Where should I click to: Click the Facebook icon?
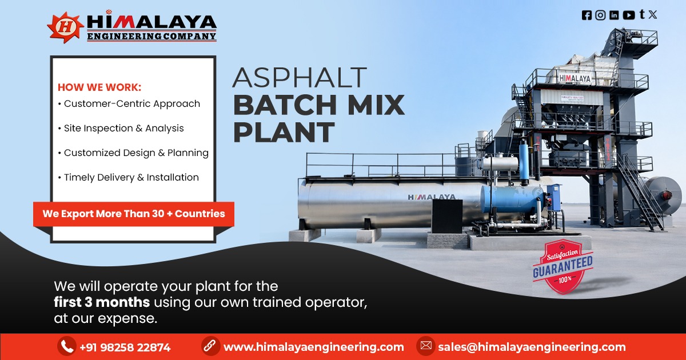(587, 15)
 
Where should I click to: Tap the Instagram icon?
(600, 15)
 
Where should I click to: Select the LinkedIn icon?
(614, 15)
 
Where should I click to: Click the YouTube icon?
(629, 15)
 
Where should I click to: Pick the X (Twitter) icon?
(653, 15)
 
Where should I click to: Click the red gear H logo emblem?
(65, 27)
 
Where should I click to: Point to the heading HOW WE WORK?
(99, 87)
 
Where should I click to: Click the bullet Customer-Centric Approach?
(131, 104)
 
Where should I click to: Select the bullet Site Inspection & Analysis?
(123, 128)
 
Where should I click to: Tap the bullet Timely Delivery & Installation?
(131, 177)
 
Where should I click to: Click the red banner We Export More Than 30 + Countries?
(134, 214)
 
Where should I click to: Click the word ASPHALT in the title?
(300, 78)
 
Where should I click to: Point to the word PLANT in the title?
(284, 132)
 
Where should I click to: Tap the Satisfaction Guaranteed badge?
(563, 267)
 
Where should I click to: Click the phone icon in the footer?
(67, 346)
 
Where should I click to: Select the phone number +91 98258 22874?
(125, 347)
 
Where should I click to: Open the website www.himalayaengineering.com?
(313, 347)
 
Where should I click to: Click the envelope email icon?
(425, 346)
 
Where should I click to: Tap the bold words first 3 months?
(102, 302)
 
